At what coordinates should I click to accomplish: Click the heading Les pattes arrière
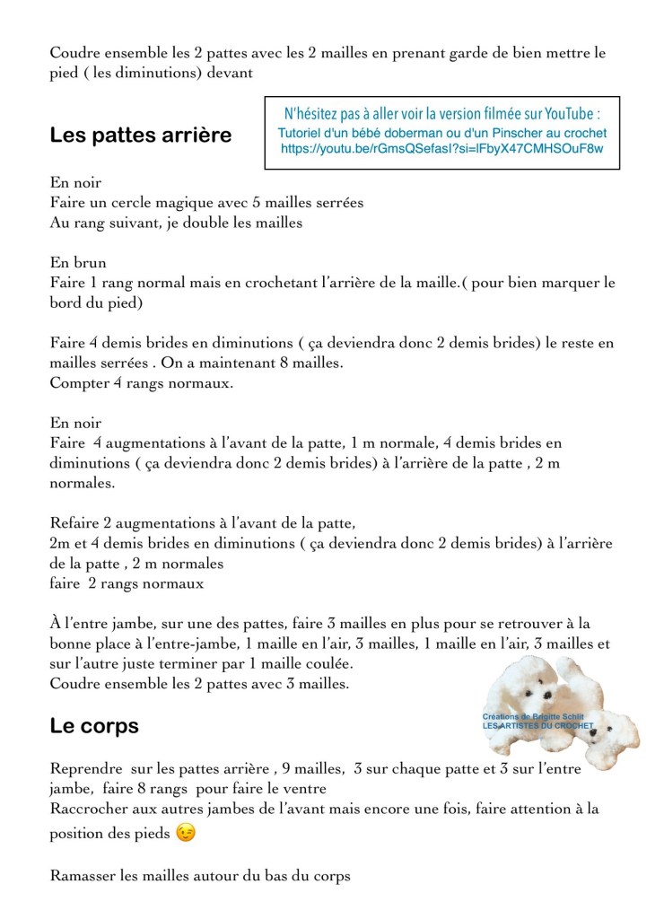pyautogui.click(x=140, y=136)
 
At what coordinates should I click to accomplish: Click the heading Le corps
pyautogui.click(x=94, y=726)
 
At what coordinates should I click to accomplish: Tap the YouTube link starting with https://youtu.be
pyautogui.click(x=441, y=149)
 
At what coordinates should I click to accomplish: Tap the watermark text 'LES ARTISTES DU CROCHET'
pyautogui.click(x=538, y=725)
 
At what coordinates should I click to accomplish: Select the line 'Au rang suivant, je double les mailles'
pyautogui.click(x=176, y=223)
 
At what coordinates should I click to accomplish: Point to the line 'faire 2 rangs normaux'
pyautogui.click(x=127, y=583)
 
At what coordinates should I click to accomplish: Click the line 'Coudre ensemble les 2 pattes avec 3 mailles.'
pyautogui.click(x=199, y=683)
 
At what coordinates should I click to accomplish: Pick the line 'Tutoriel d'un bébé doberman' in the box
pyautogui.click(x=442, y=132)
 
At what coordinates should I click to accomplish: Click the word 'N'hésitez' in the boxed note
pyautogui.click(x=313, y=114)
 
